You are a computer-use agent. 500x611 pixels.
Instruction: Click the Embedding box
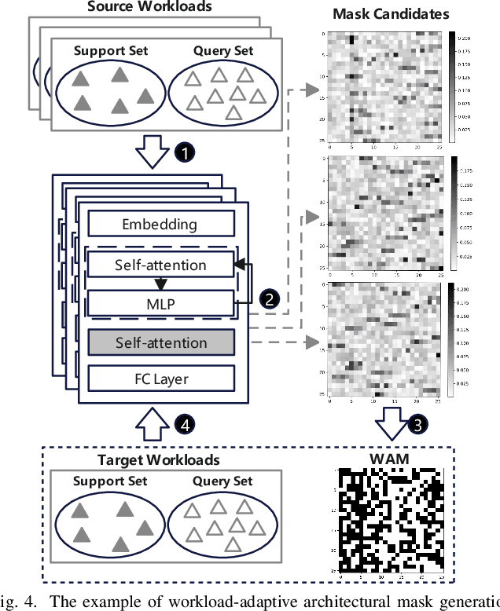(x=160, y=225)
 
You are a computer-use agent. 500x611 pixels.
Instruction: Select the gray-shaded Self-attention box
(x=160, y=342)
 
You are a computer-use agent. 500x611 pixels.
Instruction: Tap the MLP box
(x=160, y=302)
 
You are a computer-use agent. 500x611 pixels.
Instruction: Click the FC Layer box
(x=160, y=379)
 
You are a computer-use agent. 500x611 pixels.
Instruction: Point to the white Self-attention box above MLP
(x=160, y=265)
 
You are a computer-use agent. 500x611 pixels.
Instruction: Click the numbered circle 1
(x=183, y=153)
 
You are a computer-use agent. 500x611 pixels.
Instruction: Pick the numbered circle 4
(x=183, y=425)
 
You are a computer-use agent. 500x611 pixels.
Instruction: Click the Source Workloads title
(x=149, y=7)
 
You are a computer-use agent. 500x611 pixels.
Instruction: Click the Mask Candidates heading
(x=391, y=14)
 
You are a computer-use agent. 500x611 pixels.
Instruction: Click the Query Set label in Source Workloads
(x=223, y=51)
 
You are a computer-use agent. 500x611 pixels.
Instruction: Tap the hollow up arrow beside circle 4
(x=154, y=425)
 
